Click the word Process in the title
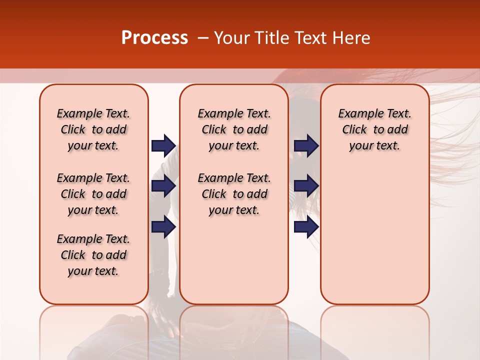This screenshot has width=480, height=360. (154, 38)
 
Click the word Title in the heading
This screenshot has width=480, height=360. (270, 38)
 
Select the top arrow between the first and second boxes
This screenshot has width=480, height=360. (163, 145)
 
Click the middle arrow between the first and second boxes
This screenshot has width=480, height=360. (163, 186)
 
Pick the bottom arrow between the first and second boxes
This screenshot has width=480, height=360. (163, 227)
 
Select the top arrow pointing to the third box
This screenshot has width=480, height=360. (306, 145)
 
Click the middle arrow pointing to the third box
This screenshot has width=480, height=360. (306, 186)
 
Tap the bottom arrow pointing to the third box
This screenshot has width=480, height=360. (306, 227)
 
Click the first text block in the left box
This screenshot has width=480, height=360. (93, 129)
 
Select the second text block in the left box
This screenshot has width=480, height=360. (93, 194)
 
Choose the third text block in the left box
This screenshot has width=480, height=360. (93, 255)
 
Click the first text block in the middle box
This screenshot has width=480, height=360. (234, 129)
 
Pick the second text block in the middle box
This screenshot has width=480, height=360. (234, 194)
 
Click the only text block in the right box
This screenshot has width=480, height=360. (374, 129)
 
